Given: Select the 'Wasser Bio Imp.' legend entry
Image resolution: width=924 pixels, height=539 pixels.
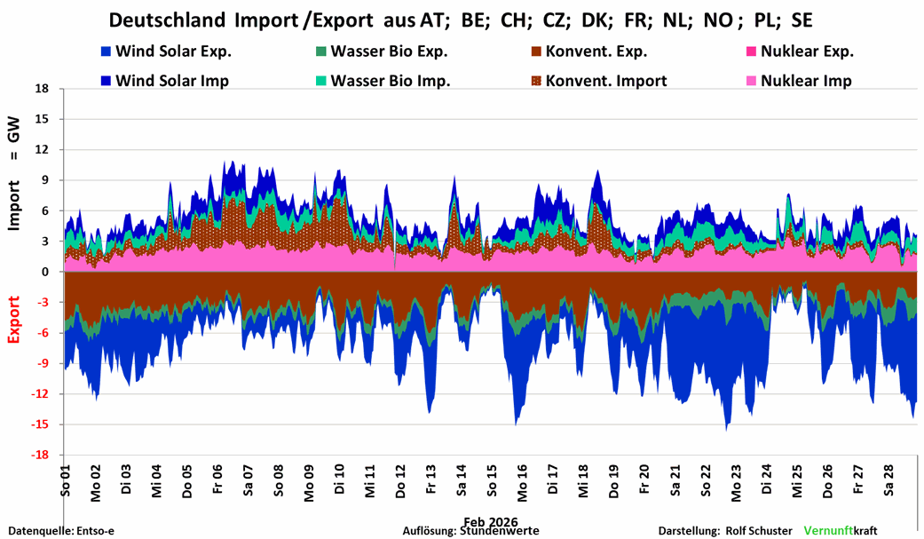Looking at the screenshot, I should point(390,81).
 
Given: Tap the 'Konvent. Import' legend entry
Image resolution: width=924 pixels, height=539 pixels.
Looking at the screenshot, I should point(606,81).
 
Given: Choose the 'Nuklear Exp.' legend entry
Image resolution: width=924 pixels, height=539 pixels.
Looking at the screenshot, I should point(808,51).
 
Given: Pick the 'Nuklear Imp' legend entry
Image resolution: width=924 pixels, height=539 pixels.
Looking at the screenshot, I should point(805,81).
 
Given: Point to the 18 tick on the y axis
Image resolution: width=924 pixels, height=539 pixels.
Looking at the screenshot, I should point(40,89).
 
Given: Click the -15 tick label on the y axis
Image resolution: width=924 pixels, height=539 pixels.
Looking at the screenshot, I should point(38,424).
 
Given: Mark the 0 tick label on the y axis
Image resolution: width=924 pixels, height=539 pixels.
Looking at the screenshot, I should point(43,272).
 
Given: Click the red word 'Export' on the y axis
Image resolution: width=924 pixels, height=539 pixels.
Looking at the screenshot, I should point(14,319).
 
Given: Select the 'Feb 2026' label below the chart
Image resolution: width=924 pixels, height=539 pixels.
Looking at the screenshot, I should point(490,521).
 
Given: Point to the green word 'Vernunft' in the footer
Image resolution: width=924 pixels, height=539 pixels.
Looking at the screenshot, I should point(827,531).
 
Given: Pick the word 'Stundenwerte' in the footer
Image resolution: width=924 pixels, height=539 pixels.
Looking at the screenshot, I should point(498,531).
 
